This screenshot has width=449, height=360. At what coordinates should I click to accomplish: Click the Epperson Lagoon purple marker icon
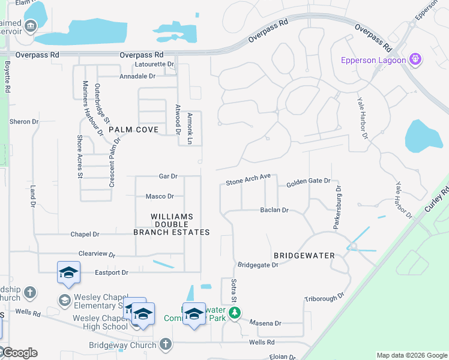(x=415, y=59)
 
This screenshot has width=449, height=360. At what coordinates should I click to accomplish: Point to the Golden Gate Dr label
(x=308, y=181)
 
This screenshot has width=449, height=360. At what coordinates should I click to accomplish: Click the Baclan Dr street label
(x=274, y=211)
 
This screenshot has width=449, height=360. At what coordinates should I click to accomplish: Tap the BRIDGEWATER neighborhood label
(x=304, y=256)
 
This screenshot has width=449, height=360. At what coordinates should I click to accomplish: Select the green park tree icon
(x=236, y=313)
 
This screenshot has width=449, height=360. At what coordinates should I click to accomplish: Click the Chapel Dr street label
(x=84, y=235)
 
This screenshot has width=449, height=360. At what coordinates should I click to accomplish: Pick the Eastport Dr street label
(x=112, y=272)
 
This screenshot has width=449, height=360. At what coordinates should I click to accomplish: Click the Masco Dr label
(x=160, y=196)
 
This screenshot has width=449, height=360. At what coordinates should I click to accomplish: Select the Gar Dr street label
(x=168, y=176)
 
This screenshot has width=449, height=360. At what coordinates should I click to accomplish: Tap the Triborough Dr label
(x=324, y=297)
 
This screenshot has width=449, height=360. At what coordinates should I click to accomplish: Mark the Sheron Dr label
(x=24, y=122)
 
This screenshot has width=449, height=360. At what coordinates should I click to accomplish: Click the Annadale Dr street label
(x=137, y=76)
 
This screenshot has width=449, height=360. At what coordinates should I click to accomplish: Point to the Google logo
(x=19, y=353)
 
